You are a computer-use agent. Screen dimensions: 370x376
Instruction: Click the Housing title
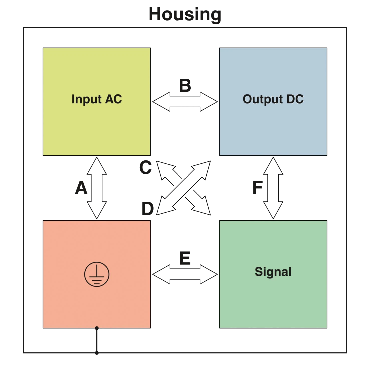[185, 15]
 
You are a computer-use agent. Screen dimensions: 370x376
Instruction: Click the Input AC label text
[97, 99]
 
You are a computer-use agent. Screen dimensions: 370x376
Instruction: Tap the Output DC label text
[273, 99]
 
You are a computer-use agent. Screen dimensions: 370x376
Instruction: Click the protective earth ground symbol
[97, 274]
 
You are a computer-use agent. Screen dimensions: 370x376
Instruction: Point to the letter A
[81, 188]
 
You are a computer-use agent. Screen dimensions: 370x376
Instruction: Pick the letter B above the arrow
[185, 85]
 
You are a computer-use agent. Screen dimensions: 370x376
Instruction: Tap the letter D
[148, 209]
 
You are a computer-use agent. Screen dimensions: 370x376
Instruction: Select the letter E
[185, 258]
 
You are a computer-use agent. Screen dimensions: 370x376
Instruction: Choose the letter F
[258, 188]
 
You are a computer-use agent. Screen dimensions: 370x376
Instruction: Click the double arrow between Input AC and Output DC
[185, 102]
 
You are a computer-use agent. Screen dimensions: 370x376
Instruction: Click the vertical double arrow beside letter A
[97, 188]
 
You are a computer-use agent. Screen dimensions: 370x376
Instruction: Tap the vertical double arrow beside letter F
[273, 188]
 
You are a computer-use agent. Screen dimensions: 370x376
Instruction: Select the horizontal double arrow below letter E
[185, 274]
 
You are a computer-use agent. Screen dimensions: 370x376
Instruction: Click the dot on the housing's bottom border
[97, 353]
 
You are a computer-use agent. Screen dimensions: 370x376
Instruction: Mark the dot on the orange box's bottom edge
[97, 328]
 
